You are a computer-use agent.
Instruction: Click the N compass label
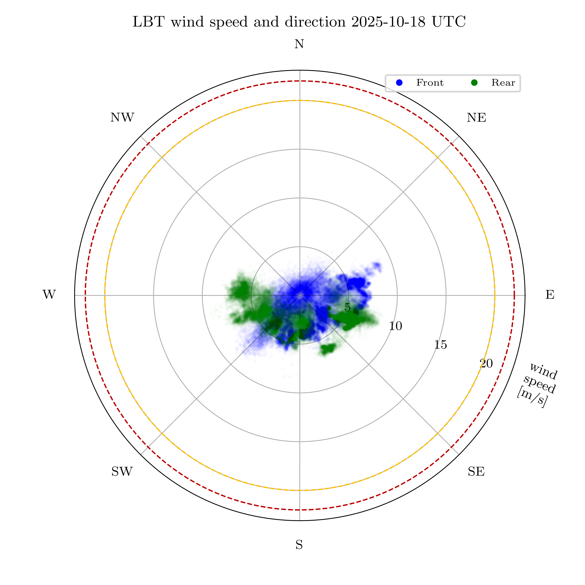coord(299,44)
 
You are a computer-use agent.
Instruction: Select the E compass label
coord(550,295)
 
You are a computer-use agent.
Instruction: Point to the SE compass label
coord(476,472)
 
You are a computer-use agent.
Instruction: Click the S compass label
coord(299,545)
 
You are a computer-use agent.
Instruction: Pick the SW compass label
coord(122,472)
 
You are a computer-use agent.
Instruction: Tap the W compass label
coord(49,295)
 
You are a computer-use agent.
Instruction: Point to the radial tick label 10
coord(395,326)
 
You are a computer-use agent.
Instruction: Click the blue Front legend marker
coord(399,83)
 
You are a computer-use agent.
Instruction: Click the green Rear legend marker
coord(474,83)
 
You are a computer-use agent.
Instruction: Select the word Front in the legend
coord(430,83)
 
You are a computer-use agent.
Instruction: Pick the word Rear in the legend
coord(503,83)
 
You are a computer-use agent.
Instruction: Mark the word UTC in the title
coord(449,22)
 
